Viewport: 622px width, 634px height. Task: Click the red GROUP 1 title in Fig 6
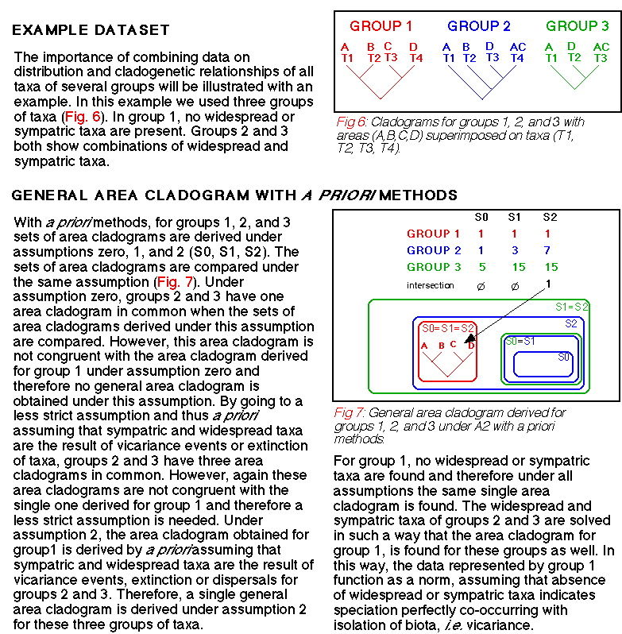point(381,26)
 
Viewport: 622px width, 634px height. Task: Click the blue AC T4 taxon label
point(517,52)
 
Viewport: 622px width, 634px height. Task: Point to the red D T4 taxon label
point(415,52)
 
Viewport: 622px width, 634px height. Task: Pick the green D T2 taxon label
point(574,52)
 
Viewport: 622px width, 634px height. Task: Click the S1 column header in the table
point(515,217)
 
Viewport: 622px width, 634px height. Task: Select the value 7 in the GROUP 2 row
point(548,250)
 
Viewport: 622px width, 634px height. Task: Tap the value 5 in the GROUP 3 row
point(481,267)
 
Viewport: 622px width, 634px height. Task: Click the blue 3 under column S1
point(515,250)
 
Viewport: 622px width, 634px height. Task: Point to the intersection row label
point(430,285)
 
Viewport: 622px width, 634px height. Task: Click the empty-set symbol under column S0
point(481,285)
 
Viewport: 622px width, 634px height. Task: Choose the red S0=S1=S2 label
point(447,327)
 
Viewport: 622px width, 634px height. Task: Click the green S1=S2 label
point(570,306)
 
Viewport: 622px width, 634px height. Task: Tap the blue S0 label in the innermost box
point(563,357)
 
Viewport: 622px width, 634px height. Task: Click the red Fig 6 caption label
point(351,122)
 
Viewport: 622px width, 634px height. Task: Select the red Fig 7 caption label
point(350,413)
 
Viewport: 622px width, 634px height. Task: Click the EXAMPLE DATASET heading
point(91,31)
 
